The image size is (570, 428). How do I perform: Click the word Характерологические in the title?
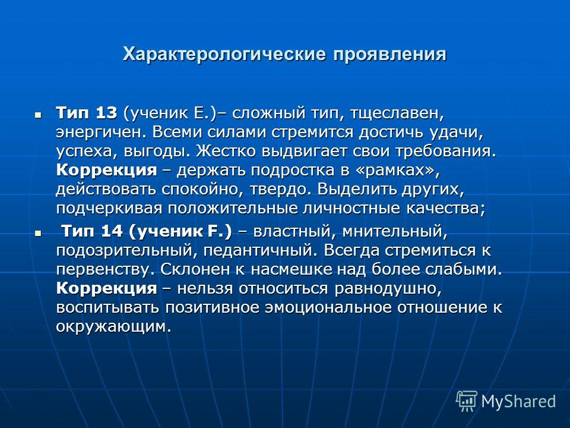click(224, 55)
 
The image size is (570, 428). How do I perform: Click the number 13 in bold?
click(106, 113)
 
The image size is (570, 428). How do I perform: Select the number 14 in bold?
click(112, 231)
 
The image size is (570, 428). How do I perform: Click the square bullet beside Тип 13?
click(38, 115)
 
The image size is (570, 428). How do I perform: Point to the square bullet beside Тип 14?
click(38, 233)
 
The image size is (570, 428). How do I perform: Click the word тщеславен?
click(397, 114)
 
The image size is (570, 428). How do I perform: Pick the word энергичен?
click(102, 133)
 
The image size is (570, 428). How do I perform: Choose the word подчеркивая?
click(109, 209)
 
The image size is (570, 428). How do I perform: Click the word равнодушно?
click(388, 289)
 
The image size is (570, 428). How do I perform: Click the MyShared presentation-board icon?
click(467, 401)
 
